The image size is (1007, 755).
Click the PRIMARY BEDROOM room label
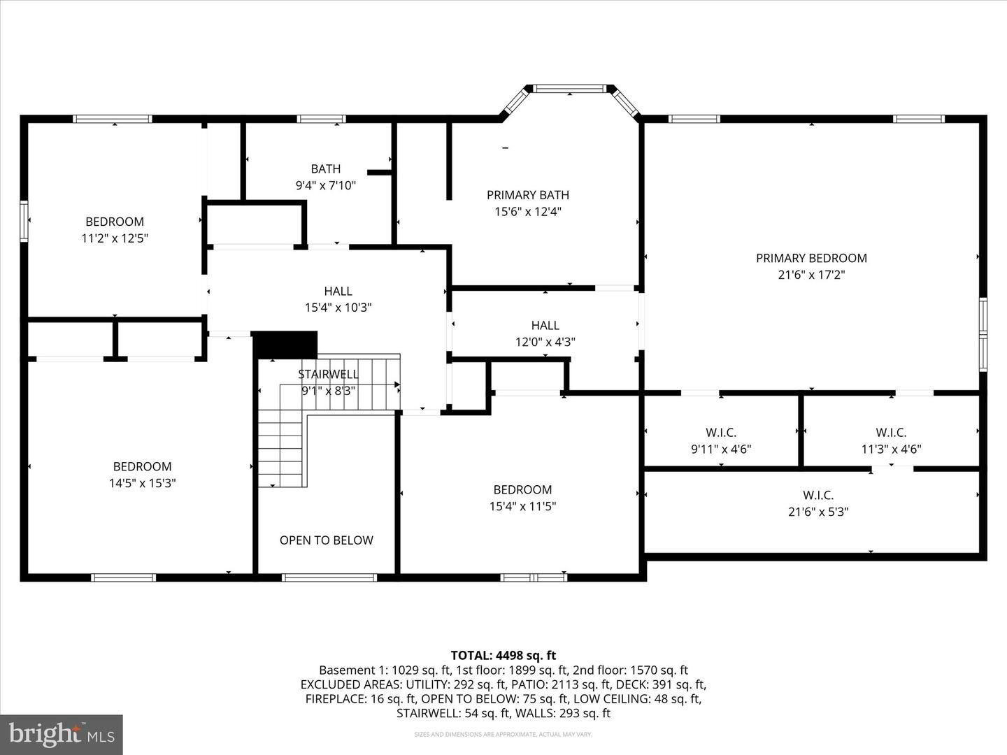coord(811,258)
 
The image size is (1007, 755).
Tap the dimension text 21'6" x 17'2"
coord(811,275)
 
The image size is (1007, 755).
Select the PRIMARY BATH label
coord(528,195)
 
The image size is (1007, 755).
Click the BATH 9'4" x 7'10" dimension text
coord(326,185)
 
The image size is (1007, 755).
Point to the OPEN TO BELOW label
coord(326,540)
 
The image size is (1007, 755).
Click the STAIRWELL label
coord(328,374)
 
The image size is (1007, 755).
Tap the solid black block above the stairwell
coord(285,345)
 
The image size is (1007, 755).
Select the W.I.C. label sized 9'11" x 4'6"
coord(721,433)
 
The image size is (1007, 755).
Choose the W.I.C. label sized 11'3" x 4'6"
coord(891,433)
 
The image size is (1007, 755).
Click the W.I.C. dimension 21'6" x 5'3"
coord(818,512)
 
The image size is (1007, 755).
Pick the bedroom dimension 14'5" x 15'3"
coord(142,483)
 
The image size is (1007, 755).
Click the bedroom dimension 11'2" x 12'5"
coord(115,238)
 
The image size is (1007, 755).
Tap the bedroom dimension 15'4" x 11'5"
coord(522,506)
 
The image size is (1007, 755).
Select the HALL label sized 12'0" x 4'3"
coord(545,325)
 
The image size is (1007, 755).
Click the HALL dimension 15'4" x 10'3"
coord(338,308)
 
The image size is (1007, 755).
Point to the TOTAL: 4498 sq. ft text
coord(503,655)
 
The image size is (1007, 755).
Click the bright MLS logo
coord(62,734)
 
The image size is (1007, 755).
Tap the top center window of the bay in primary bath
coord(569,89)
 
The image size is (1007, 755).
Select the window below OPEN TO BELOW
coord(329,577)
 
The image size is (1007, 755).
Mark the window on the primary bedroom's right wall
coord(983,334)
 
